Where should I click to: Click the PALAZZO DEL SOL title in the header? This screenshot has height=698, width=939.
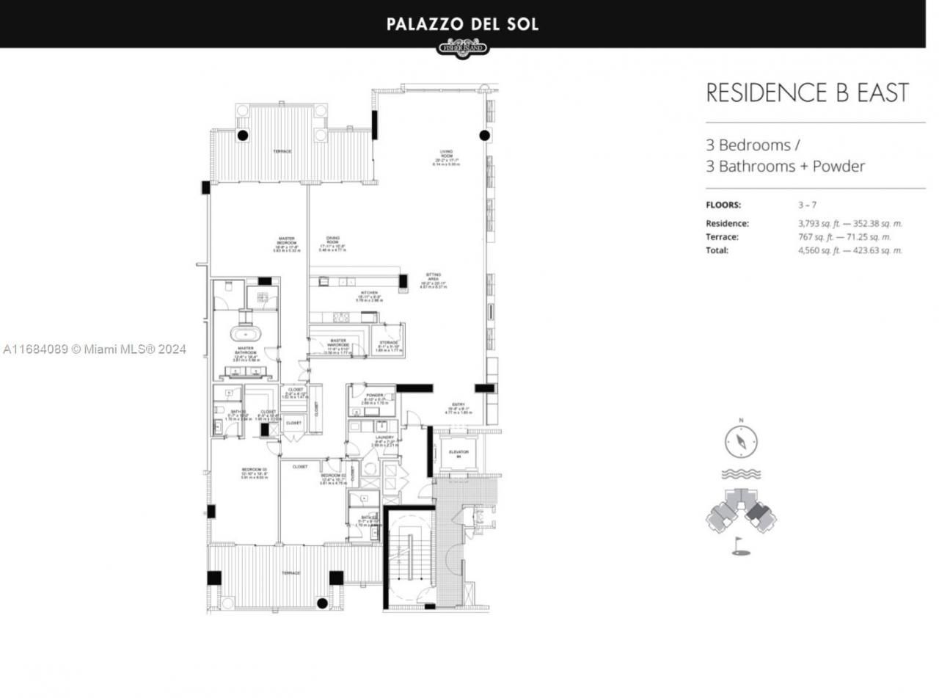462,24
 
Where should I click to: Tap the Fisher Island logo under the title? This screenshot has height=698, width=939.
462,49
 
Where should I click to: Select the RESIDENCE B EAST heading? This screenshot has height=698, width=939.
807,93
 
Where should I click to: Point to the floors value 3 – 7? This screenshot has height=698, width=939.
807,205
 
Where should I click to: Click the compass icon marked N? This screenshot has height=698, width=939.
741,441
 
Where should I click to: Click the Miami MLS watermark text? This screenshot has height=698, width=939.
95,349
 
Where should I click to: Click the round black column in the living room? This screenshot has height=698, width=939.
484,135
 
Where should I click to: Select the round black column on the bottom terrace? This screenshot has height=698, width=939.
321,603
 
